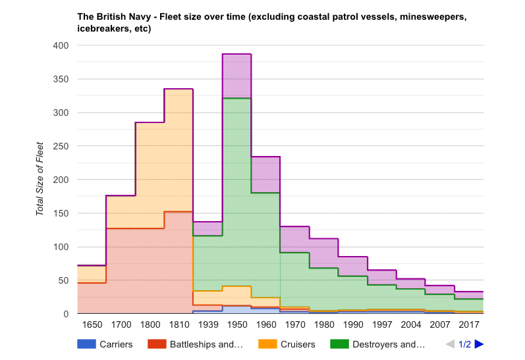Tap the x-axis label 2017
[468, 325]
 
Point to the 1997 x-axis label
[381, 325]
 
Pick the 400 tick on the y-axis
[61, 45]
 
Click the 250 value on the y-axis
[61, 146]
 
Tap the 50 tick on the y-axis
[63, 280]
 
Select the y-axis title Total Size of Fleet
[40, 179]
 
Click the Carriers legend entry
[116, 344]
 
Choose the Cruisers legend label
[296, 344]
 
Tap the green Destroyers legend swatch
[339, 344]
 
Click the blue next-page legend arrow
[479, 344]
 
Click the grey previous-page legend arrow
[450, 344]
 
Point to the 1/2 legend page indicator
[464, 344]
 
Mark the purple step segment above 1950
[236, 54]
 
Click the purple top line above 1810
[179, 89]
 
